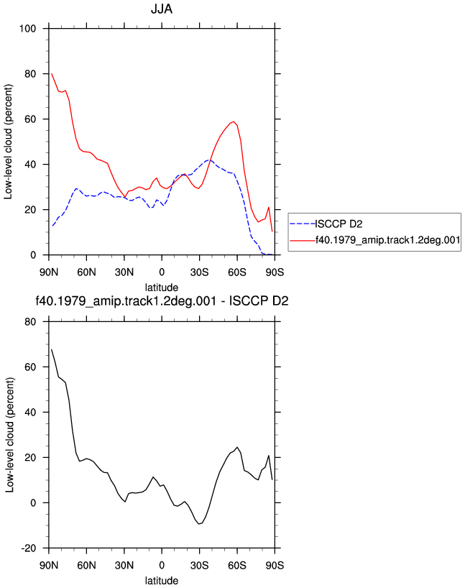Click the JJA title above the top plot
[162, 9]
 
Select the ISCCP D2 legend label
[339, 224]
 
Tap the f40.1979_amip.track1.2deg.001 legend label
[388, 240]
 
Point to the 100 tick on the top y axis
[28, 29]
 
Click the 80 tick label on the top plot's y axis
[30, 74]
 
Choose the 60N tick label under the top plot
[87, 272]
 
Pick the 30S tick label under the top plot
[200, 272]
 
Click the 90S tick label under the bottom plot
[275, 565]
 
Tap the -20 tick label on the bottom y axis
[29, 548]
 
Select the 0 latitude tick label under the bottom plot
[162, 565]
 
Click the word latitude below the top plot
[162, 288]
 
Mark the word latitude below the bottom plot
[162, 581]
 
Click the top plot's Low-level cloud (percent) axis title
[8, 142]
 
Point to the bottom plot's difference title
[162, 301]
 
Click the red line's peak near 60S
[234, 121]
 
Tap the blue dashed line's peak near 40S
[209, 160]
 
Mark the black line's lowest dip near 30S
[199, 524]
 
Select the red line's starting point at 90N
[51, 74]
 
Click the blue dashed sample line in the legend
[303, 224]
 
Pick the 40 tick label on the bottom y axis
[30, 412]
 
